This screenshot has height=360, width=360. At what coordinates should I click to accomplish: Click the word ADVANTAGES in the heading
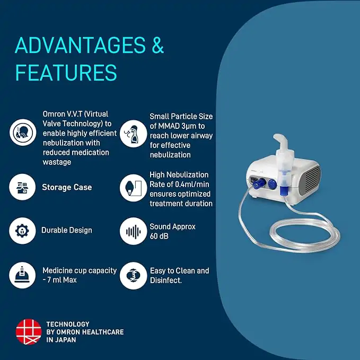(x=80, y=46)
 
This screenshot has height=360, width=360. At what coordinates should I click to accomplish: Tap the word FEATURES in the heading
(x=66, y=72)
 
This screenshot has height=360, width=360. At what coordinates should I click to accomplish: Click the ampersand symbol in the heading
(x=157, y=46)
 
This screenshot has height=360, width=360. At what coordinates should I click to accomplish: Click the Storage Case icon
(x=23, y=188)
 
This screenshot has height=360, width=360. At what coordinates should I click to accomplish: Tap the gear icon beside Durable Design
(x=23, y=231)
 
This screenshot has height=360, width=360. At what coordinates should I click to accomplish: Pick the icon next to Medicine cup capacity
(x=23, y=275)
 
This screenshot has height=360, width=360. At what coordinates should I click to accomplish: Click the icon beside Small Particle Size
(x=133, y=134)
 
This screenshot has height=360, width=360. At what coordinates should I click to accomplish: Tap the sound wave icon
(x=133, y=231)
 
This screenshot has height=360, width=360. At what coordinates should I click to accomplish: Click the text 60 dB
(x=159, y=236)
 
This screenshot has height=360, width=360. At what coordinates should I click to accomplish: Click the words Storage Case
(x=67, y=188)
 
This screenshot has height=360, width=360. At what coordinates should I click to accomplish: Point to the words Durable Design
(x=67, y=231)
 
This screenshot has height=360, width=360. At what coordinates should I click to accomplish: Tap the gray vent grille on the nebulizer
(x=313, y=181)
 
